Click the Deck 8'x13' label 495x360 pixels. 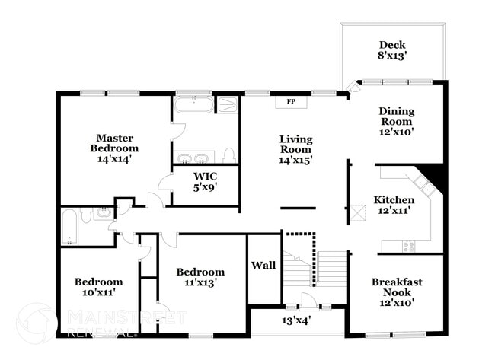pos(392,49)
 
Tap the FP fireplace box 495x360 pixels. pos(291,101)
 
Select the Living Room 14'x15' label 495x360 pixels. pos(295,149)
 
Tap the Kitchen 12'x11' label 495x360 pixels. pos(394,205)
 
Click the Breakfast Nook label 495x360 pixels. pos(396,292)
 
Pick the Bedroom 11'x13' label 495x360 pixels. pos(200,277)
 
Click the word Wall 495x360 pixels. pos(263,266)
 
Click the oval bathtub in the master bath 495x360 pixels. pos(192,104)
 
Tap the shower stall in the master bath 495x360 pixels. pos(228,104)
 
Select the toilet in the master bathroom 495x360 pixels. pos(229,156)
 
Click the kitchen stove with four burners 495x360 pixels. pos(408,245)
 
